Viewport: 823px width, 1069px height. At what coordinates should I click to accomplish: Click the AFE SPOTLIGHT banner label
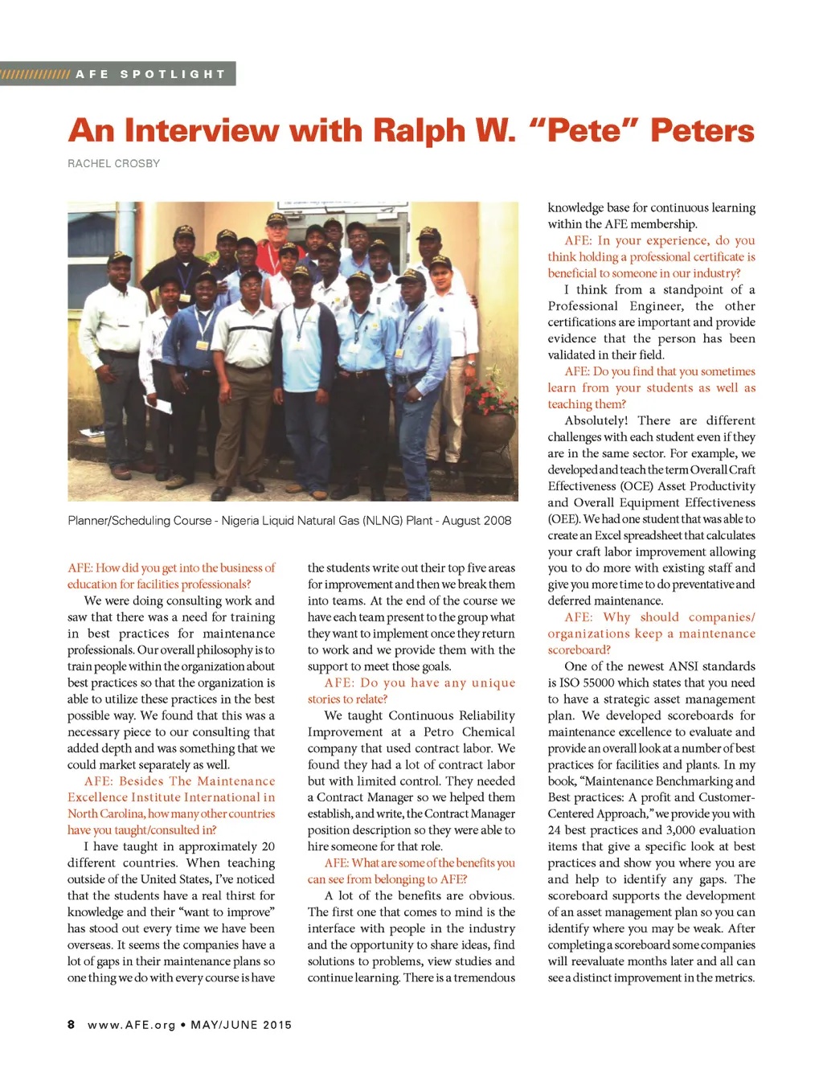pos(150,74)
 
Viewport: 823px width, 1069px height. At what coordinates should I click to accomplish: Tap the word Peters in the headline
pos(702,131)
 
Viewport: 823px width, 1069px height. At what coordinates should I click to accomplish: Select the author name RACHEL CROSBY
pos(113,163)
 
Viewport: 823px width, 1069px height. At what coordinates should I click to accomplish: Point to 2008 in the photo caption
pos(494,521)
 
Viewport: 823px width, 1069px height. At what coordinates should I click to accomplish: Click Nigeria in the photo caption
pos(242,521)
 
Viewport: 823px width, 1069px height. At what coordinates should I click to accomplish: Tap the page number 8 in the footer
pos(72,1025)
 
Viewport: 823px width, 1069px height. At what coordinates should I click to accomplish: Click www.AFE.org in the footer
pos(132,1025)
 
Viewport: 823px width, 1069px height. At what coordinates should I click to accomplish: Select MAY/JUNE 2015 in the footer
pos(241,1025)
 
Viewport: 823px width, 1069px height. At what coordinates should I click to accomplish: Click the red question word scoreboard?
pos(579,649)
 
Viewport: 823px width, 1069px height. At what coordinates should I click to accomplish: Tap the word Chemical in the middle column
pos(488,732)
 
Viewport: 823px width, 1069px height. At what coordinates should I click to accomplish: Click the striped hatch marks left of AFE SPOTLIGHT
pos(35,74)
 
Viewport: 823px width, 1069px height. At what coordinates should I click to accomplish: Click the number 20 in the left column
pos(268,846)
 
